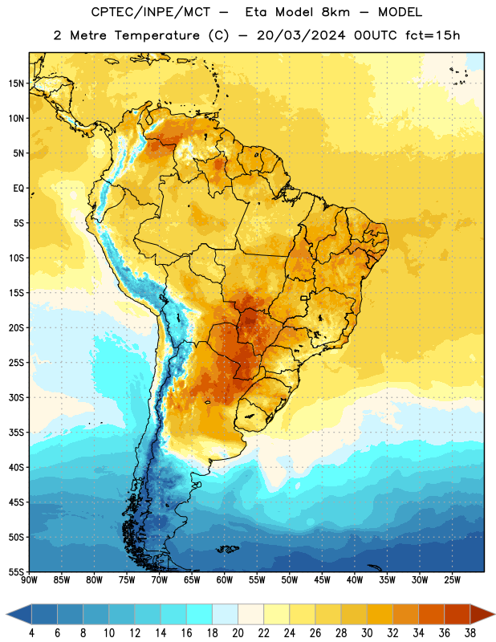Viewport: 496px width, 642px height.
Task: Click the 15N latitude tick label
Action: point(16,83)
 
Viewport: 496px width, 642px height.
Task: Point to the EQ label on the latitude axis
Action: point(18,189)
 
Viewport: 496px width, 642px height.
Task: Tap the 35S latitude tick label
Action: point(16,433)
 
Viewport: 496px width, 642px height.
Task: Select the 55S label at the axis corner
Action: point(16,571)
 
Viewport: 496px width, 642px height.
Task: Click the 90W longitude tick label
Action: point(29,580)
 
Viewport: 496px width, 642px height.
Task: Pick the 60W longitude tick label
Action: point(225,580)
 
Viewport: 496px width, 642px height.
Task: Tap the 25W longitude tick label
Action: point(452,580)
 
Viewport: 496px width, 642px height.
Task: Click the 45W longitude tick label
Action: point(322,580)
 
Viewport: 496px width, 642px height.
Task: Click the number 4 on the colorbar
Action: point(31,633)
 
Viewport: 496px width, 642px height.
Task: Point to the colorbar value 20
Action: point(238,633)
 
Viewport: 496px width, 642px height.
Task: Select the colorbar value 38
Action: point(470,633)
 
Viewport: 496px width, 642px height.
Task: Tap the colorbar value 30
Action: point(367,633)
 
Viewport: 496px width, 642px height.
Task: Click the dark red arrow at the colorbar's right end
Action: point(482,614)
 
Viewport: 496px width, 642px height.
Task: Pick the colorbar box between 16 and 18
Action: point(200,614)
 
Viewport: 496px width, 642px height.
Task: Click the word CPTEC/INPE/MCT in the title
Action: point(150,12)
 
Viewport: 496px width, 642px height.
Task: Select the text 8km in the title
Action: point(335,12)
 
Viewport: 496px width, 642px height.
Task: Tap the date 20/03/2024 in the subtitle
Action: point(301,35)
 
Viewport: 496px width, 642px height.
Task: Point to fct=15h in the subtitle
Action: point(433,35)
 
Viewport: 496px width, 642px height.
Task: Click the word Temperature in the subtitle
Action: point(157,35)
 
